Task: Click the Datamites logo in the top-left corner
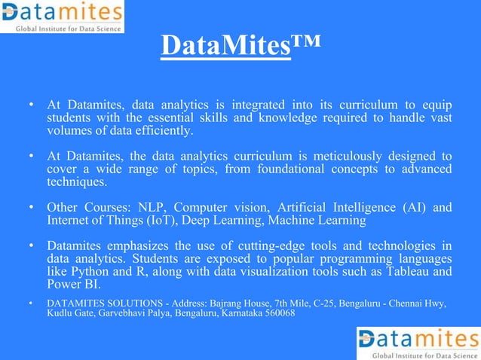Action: click(62, 16)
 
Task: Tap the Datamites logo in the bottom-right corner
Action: click(418, 343)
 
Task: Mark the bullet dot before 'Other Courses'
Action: click(31, 208)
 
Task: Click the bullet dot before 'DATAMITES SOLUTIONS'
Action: click(31, 303)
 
